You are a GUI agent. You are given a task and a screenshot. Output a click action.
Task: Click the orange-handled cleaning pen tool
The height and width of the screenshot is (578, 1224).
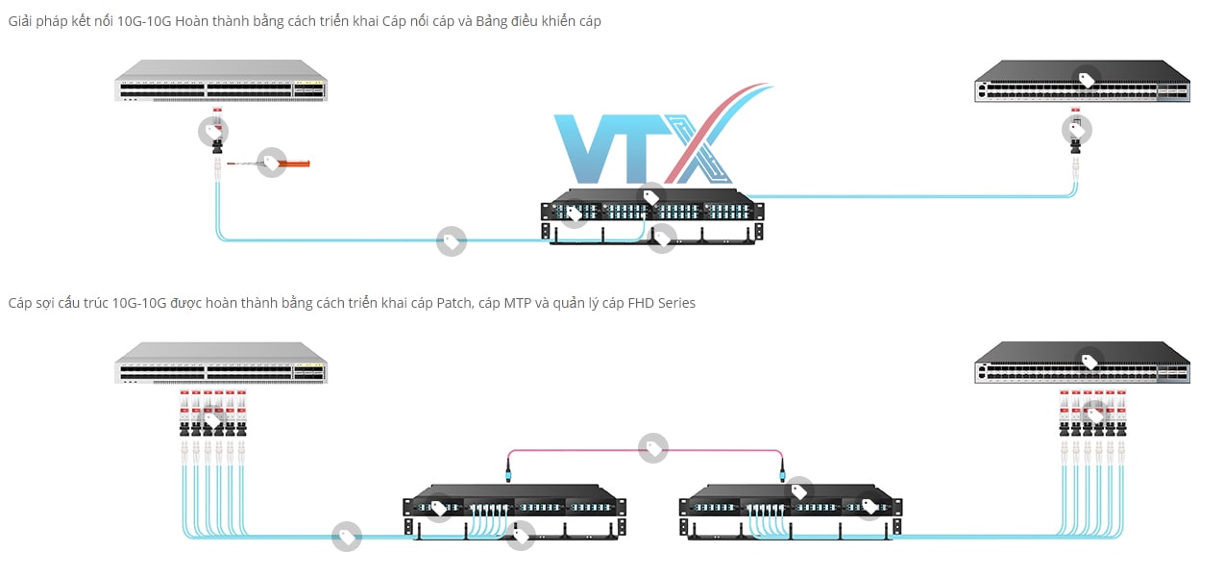coord(288,164)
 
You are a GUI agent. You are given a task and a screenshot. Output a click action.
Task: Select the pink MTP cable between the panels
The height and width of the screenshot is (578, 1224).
coord(576,448)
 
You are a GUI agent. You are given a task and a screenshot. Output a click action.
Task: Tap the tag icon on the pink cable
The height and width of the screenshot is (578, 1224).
coord(654,448)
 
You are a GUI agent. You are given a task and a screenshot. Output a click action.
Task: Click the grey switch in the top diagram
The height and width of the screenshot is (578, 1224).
coord(221,81)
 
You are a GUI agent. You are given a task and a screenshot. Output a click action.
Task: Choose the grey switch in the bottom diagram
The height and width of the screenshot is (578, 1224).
coord(221,363)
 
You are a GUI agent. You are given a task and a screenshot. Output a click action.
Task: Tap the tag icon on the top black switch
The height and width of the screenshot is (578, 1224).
coord(1087,80)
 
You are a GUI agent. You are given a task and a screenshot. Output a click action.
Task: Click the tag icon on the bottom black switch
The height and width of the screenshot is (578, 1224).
coord(1089,362)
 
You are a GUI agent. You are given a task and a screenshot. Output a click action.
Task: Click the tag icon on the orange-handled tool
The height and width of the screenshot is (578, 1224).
coord(271,163)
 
